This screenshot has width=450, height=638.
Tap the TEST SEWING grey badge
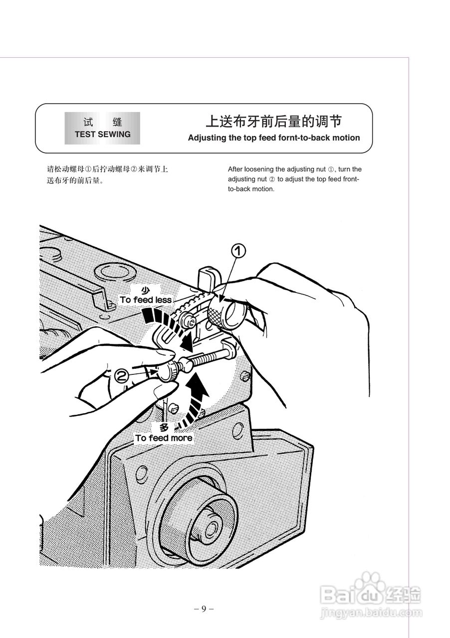102,128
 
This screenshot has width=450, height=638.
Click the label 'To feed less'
145,300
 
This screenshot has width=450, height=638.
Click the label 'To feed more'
164,438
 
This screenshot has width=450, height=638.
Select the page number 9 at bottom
204,609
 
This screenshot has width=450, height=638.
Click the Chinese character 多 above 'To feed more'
165,428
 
